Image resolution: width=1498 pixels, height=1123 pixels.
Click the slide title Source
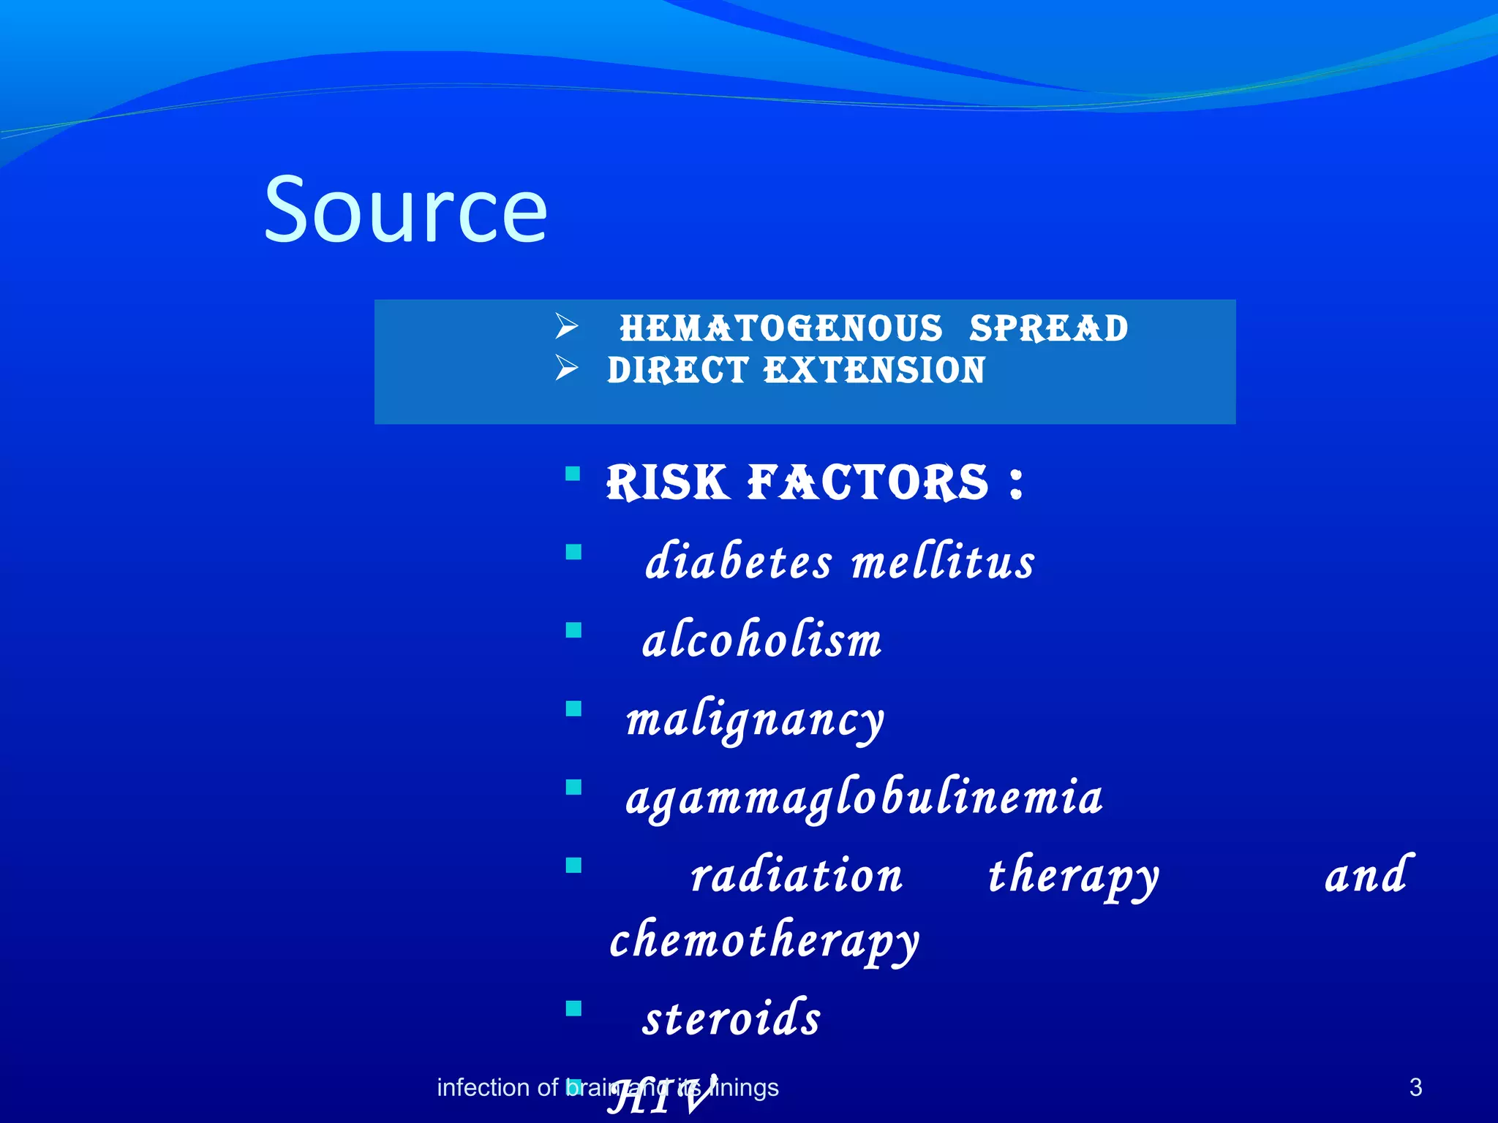405,210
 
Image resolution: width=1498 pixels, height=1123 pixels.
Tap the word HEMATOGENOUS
781,328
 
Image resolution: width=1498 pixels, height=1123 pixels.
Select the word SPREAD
1048,328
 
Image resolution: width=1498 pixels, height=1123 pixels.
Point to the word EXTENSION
875,370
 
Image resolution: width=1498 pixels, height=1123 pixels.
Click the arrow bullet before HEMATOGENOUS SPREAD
566,326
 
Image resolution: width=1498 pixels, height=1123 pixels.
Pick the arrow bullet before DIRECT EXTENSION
566,368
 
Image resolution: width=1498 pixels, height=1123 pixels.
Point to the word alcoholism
761,640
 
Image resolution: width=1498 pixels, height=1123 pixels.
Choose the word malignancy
755,721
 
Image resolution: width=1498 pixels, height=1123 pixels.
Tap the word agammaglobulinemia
863,798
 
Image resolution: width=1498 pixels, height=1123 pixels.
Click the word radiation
797,876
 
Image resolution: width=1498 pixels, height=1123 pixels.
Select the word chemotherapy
764,942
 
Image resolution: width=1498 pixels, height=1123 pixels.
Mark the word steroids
731,1018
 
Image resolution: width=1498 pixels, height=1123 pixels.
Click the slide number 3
1415,1088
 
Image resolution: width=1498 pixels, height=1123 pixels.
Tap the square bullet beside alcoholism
573,630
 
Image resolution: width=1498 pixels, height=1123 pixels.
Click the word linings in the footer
746,1088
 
